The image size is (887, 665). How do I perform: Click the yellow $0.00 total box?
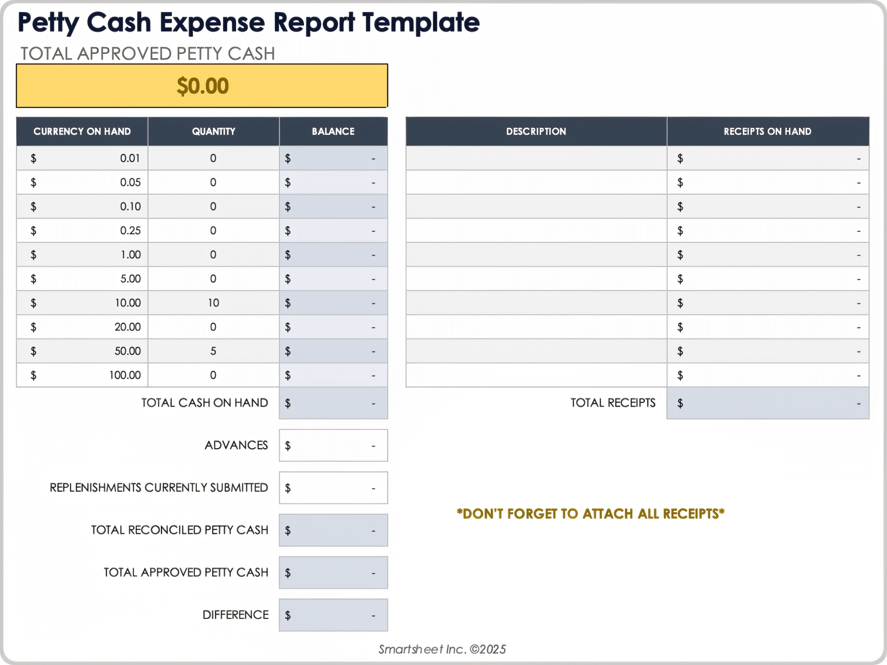[x=202, y=86]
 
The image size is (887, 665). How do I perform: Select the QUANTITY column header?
[x=213, y=132]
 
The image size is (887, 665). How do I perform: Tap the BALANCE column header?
[x=333, y=132]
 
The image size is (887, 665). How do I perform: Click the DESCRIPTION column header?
[x=536, y=132]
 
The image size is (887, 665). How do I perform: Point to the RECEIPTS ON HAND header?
[x=767, y=132]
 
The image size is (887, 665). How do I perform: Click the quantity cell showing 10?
[x=213, y=303]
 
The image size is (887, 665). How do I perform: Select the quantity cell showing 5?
[x=213, y=351]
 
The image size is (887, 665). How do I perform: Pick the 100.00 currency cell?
[x=82, y=375]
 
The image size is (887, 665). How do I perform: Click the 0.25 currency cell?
[x=82, y=230]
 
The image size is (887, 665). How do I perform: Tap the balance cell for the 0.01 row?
[x=333, y=158]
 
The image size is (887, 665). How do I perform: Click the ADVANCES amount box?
[x=333, y=446]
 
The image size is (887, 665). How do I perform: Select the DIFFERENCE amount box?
[x=333, y=615]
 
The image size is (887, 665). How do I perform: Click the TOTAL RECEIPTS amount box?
[x=767, y=403]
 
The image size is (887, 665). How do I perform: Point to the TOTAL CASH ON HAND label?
[x=205, y=403]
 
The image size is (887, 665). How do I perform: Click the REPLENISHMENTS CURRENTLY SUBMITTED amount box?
[x=333, y=488]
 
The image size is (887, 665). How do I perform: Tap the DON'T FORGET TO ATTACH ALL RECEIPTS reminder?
[x=590, y=514]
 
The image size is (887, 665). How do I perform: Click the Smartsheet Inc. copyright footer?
[x=442, y=649]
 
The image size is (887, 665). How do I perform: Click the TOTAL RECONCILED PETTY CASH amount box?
[x=333, y=531]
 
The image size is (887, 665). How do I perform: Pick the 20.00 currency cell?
[x=82, y=327]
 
